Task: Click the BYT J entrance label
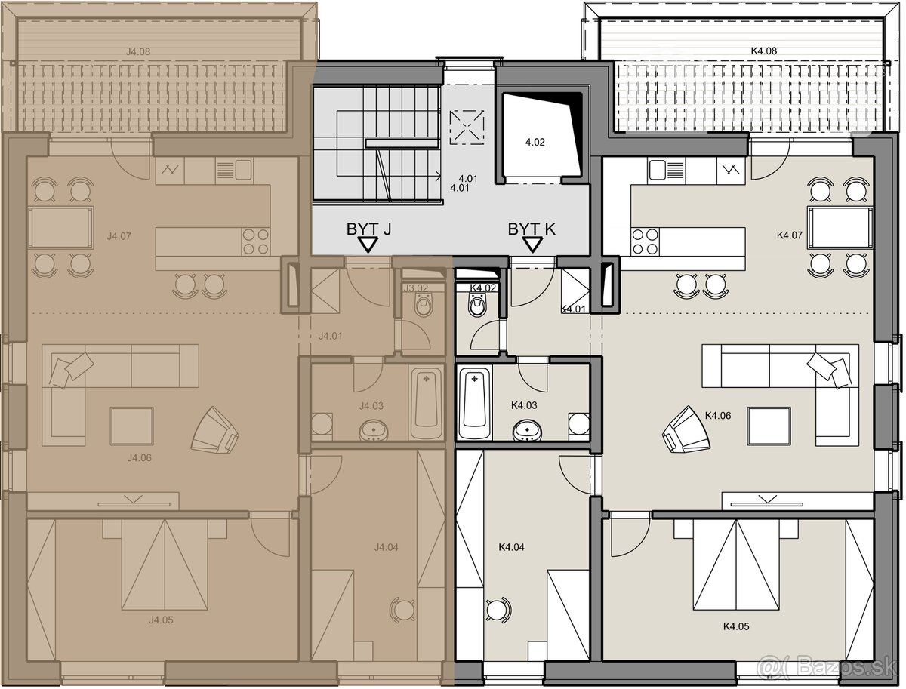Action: click(x=368, y=229)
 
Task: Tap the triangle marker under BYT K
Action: click(x=532, y=245)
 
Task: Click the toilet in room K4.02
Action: click(x=478, y=304)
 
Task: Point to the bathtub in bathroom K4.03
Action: click(x=474, y=403)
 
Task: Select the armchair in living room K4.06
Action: click(x=685, y=430)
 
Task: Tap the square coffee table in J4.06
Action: click(x=131, y=426)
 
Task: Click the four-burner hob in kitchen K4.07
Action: click(x=645, y=241)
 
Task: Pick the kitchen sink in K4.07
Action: click(x=666, y=170)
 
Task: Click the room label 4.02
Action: click(x=535, y=143)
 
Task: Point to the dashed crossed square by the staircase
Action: click(x=467, y=127)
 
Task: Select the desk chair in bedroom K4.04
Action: click(x=498, y=610)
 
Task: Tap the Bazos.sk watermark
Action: click(x=827, y=666)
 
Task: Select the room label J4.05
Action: click(x=161, y=620)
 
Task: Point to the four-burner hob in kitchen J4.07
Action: click(x=256, y=241)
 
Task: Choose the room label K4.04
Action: click(x=511, y=547)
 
